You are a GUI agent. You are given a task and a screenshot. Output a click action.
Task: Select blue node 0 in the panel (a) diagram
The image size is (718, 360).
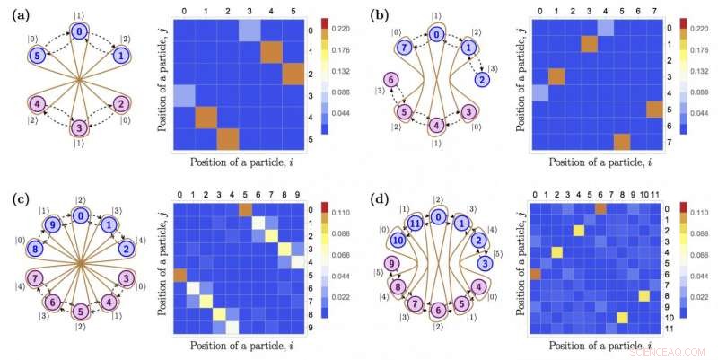(x=80, y=31)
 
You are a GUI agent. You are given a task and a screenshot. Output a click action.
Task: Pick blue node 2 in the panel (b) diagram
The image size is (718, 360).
(x=482, y=82)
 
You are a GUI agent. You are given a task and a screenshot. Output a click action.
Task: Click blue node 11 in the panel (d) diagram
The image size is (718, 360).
(x=414, y=223)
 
